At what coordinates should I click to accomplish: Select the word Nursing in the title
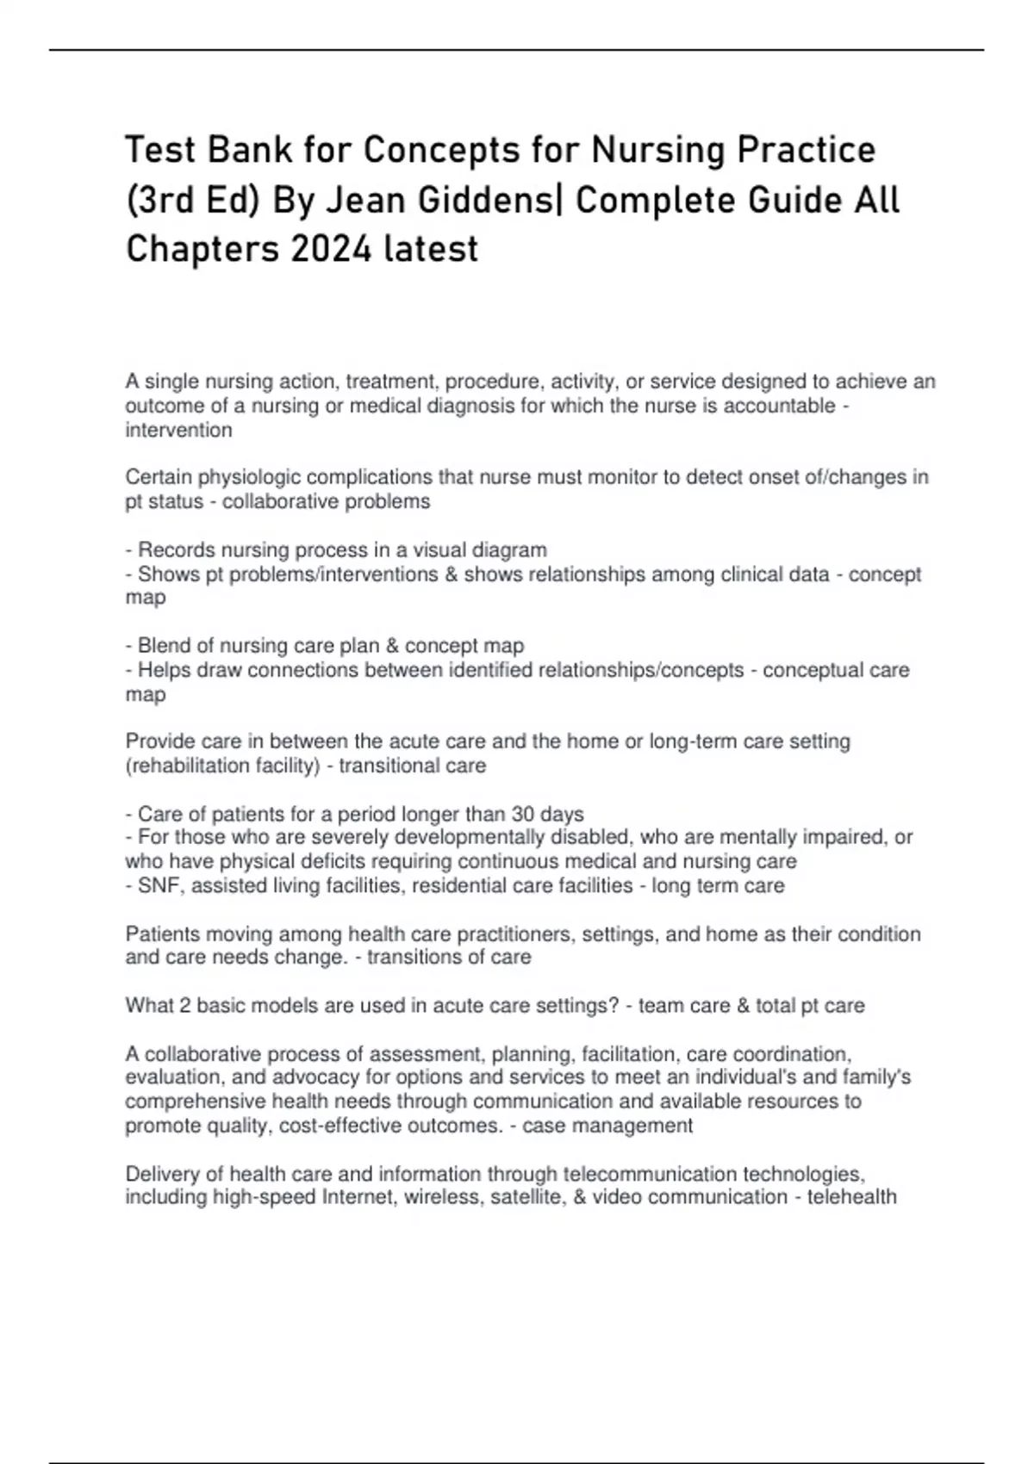click(657, 151)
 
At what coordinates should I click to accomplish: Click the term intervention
click(178, 430)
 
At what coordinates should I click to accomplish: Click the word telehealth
click(851, 1197)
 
